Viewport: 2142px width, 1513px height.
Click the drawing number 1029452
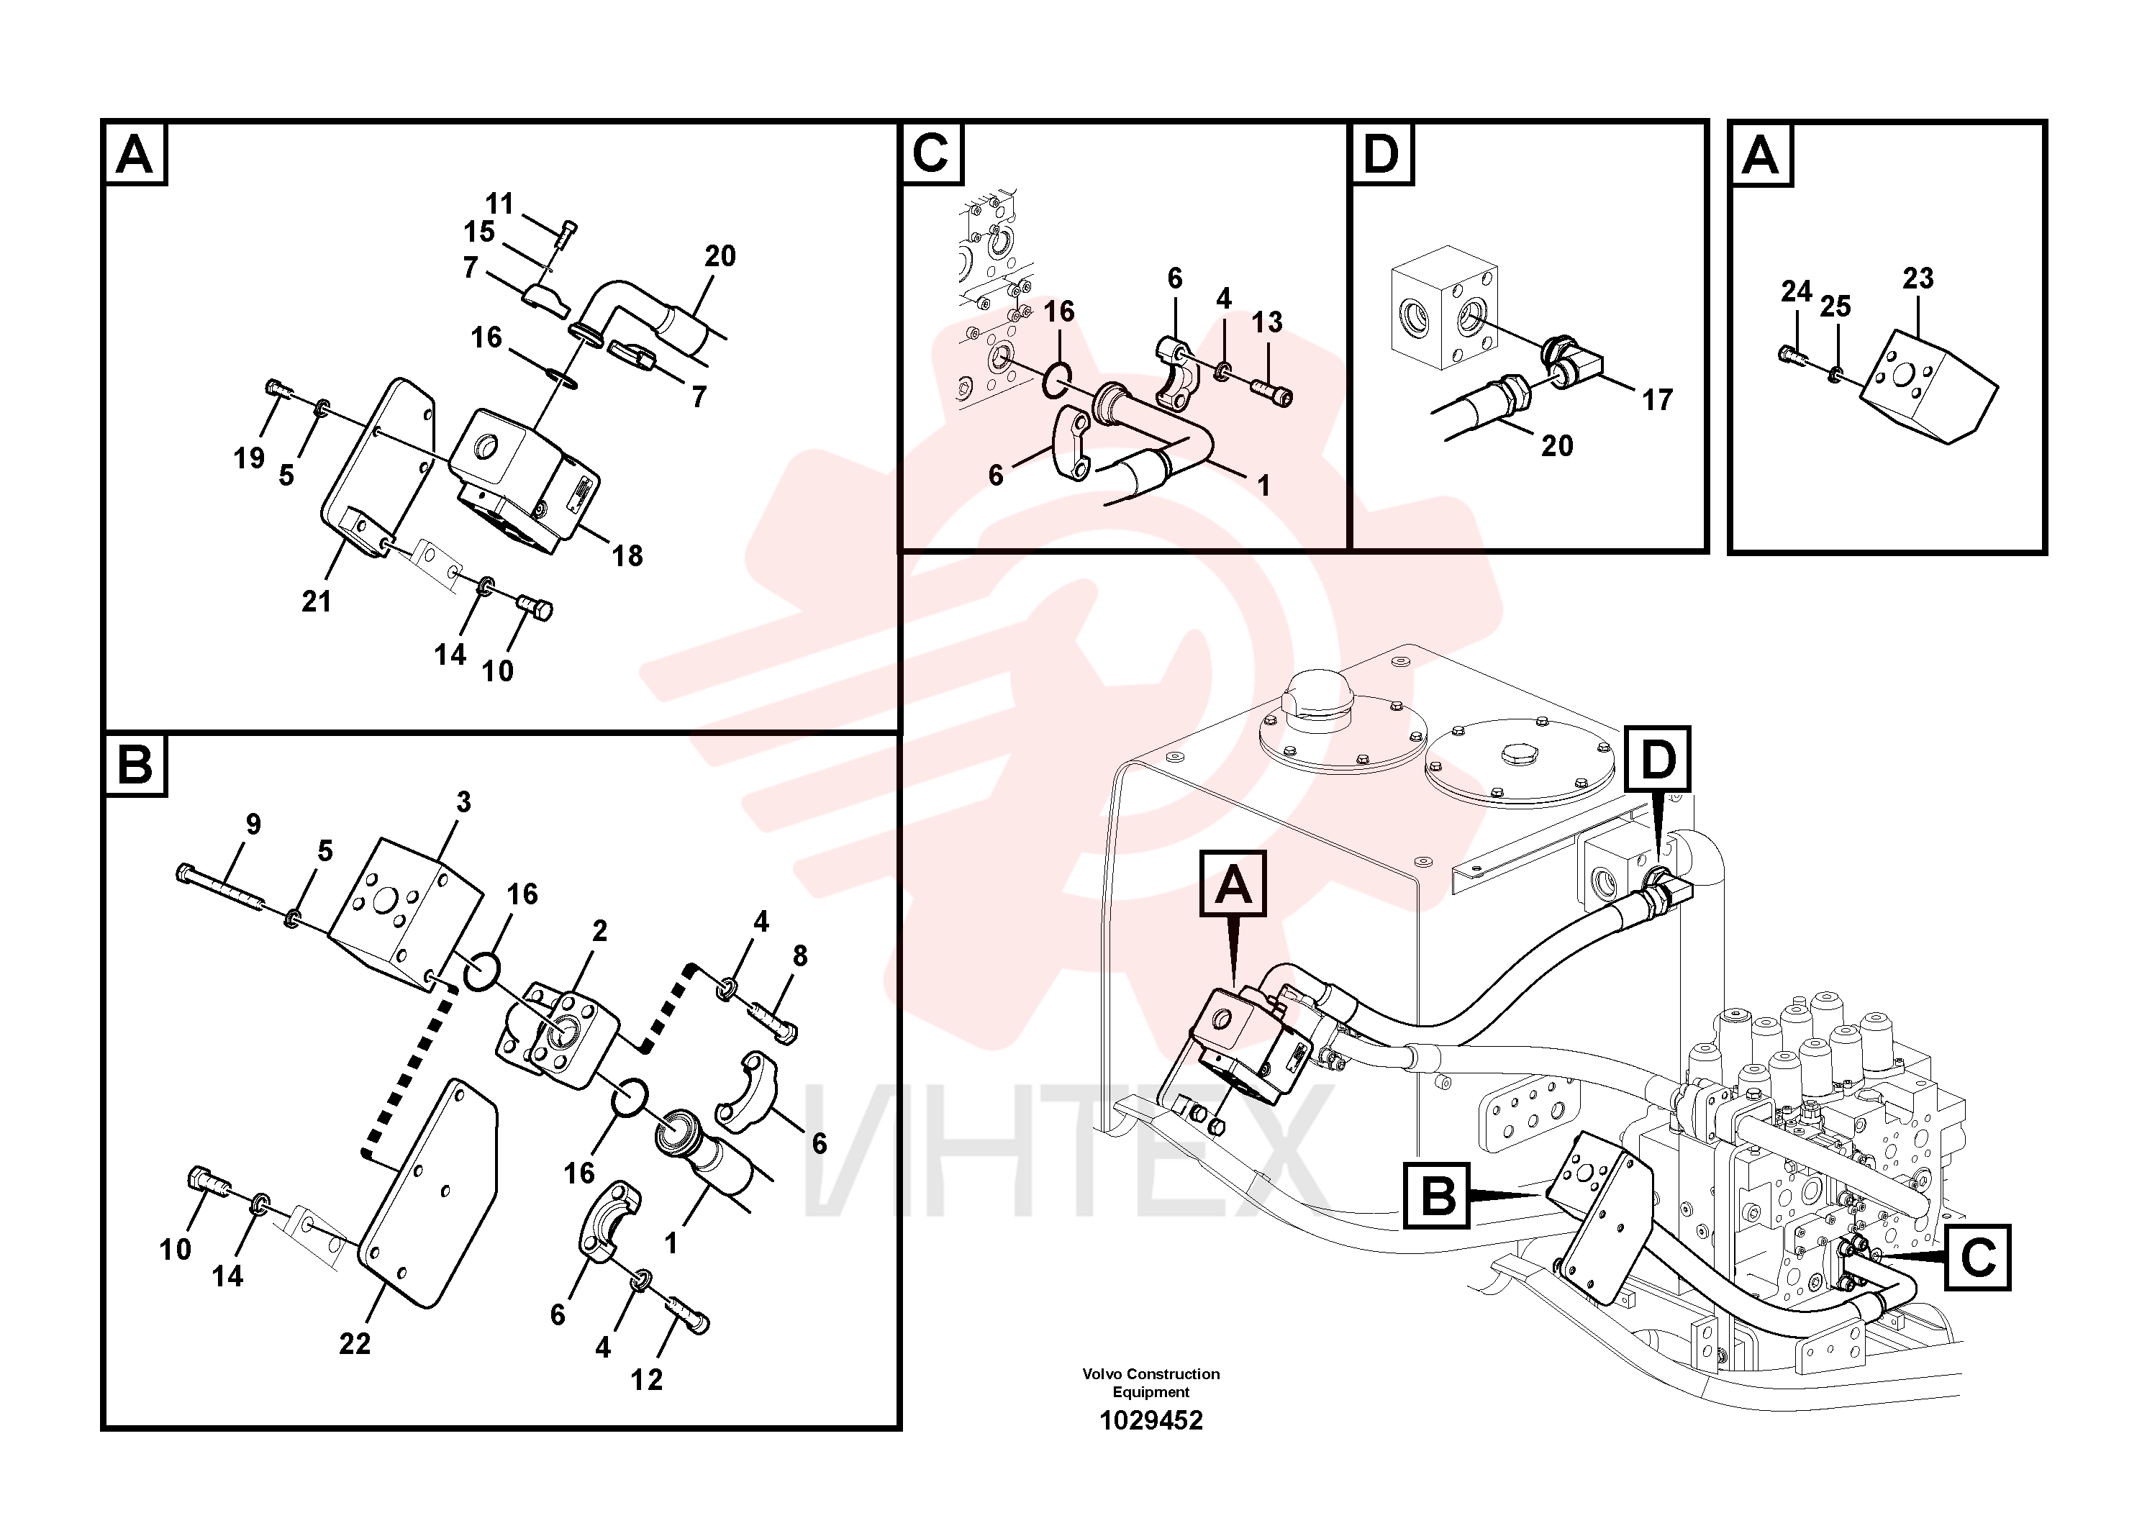1151,1421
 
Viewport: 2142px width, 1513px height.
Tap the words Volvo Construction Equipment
1151,1382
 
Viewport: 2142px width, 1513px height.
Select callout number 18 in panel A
627,556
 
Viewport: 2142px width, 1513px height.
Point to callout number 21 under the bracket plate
317,601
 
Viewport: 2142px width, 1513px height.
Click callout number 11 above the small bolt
499,204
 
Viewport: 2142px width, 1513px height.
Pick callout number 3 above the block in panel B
463,802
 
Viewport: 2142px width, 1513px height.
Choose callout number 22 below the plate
355,1344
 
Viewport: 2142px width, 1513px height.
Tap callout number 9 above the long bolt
253,824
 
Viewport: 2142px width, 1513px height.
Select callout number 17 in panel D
1657,400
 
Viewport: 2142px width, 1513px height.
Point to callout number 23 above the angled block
1918,278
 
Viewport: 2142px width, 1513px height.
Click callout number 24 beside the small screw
1796,292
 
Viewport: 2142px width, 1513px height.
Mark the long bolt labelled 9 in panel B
220,887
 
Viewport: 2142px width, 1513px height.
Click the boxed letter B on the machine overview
1437,1195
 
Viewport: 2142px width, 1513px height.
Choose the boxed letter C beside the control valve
1978,1258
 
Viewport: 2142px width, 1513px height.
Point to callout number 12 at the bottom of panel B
647,1380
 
